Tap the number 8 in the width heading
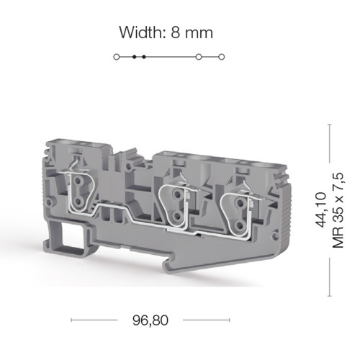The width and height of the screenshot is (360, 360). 176,32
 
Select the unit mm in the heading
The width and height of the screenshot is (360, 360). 199,34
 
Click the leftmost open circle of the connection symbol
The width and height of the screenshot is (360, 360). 117,57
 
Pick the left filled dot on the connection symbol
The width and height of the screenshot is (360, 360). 135,57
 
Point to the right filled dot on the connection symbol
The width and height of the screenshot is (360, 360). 144,57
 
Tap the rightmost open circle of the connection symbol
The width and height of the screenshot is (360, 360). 222,57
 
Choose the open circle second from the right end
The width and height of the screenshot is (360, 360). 199,57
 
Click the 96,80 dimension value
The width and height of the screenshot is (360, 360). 150,320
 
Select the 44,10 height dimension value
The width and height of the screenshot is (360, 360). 320,210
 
